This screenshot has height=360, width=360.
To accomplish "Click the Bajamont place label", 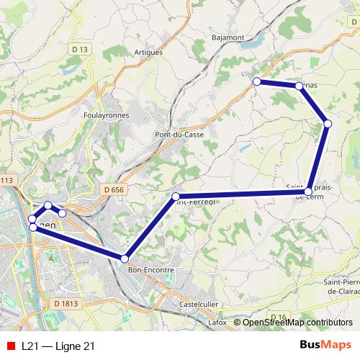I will pos(229,37).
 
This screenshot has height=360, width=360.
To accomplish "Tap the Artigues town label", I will pos(148,53).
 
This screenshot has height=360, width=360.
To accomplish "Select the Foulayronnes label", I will pos(105,115).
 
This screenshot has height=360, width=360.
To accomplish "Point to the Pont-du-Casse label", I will pos(179,135).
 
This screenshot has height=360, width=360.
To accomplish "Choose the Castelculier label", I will pos(199,305).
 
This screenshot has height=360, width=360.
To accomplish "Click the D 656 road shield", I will pos(113,189).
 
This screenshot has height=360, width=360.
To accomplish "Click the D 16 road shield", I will pos(279,317).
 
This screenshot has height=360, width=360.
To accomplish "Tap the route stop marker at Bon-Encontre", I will pos(125,258).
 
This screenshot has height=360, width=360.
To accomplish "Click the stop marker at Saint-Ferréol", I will pos(176,196).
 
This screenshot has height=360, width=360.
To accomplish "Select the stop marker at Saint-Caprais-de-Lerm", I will pos(308,192).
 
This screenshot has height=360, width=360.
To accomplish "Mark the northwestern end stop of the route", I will pos(256,81).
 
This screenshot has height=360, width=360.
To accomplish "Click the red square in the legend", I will pos(11,346).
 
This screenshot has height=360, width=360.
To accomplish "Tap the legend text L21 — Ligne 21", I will pos(58,346).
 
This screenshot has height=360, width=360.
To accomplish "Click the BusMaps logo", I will pos(326,346).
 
